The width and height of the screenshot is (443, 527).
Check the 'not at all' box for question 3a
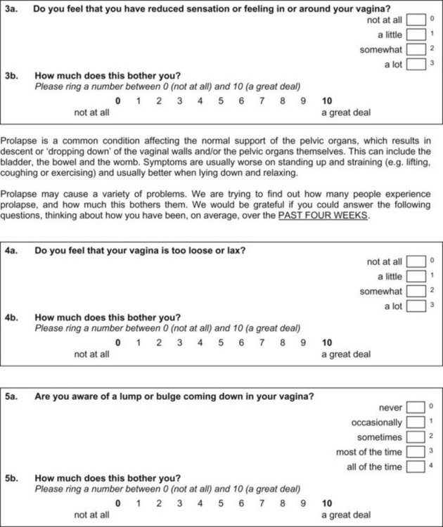click(416, 20)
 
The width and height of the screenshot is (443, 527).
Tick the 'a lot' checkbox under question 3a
click(416, 65)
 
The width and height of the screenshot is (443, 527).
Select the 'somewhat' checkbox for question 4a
click(416, 291)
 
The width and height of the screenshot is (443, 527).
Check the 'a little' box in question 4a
click(416, 276)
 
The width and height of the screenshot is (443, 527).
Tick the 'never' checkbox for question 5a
click(416, 407)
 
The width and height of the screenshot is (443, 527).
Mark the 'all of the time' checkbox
click(416, 467)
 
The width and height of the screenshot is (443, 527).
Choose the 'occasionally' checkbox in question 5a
click(416, 422)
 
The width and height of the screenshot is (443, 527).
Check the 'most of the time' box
click(416, 452)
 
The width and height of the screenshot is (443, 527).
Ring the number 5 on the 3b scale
click(220, 100)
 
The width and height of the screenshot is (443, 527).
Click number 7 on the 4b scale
click(262, 343)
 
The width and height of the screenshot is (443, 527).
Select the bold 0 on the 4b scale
click(118, 343)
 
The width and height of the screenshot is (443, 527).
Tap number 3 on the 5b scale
click(179, 503)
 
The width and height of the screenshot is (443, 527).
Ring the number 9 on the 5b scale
click(302, 503)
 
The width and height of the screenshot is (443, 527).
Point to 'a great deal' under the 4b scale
click(346, 354)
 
